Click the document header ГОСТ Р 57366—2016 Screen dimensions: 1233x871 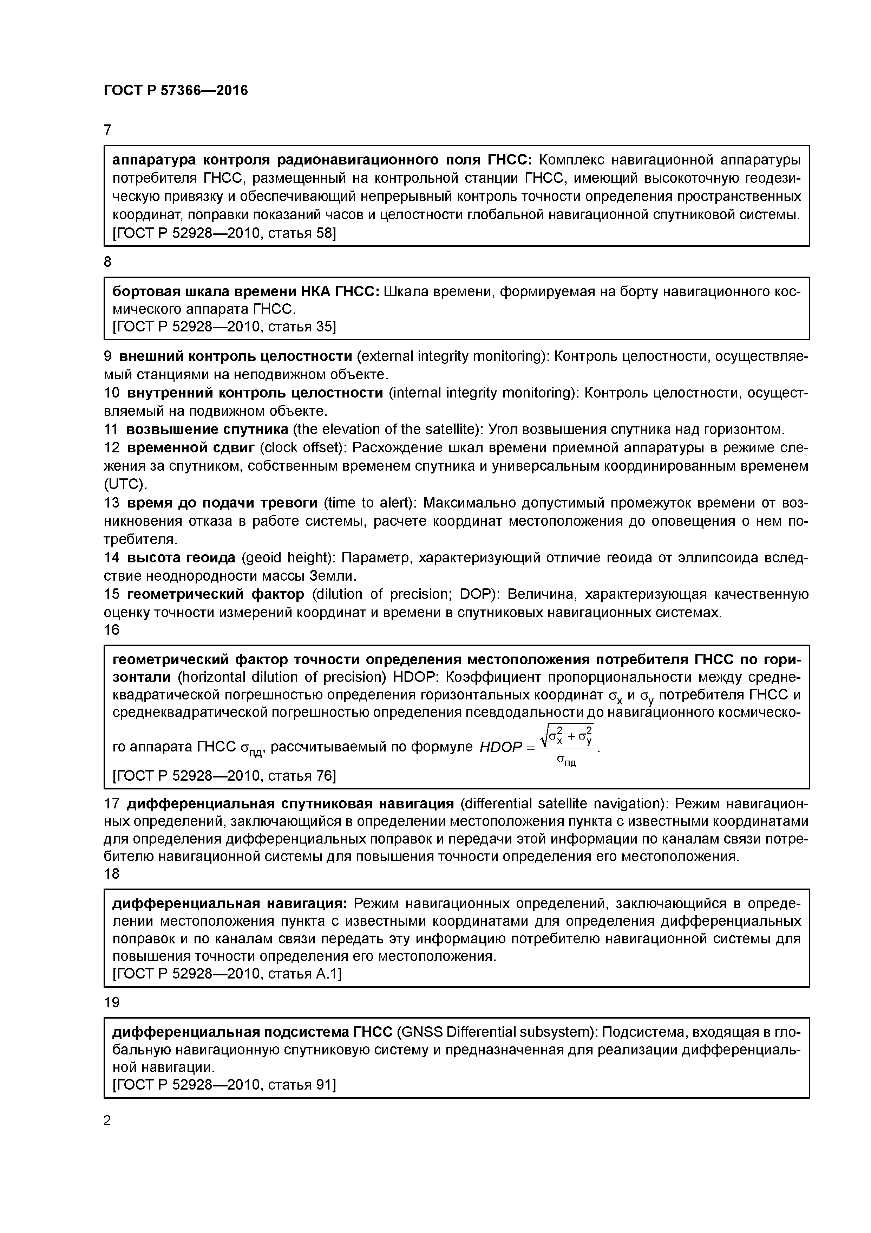(x=176, y=91)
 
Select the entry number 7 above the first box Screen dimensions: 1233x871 (x=107, y=130)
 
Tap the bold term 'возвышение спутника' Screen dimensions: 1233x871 (x=207, y=429)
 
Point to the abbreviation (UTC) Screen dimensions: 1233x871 (x=125, y=484)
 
